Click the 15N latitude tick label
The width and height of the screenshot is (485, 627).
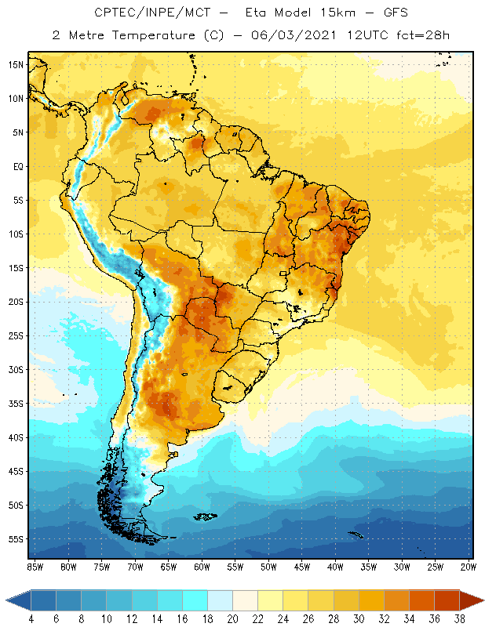pos(16,64)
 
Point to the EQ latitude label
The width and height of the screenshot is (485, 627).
pos(17,166)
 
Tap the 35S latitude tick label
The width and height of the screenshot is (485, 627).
pos(16,404)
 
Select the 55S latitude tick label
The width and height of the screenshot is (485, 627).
pos(16,539)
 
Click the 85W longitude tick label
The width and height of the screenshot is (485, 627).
pos(35,566)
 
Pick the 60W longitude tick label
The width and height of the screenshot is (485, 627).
pos(202,566)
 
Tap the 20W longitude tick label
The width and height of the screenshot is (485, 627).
pos(469,566)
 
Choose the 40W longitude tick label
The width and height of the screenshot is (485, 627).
pos(335,566)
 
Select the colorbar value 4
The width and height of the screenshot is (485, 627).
pos(31,619)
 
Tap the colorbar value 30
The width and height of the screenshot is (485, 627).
pos(359,619)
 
